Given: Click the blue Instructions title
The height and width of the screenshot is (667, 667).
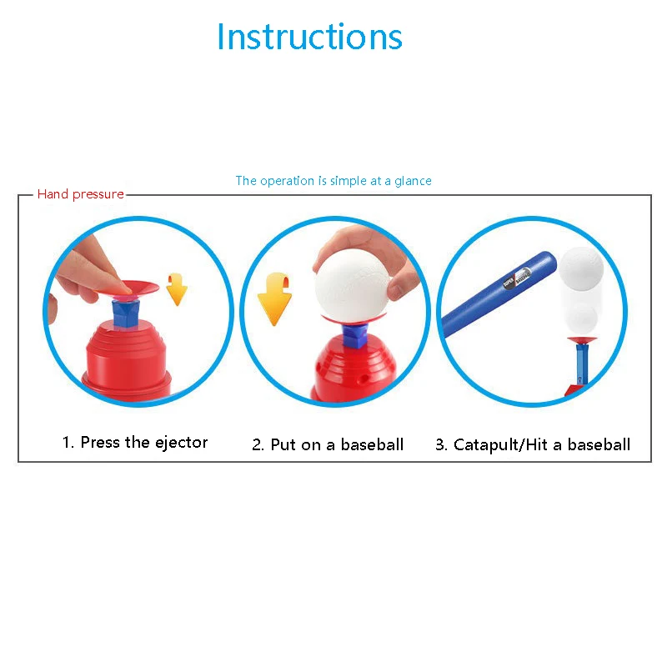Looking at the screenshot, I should [309, 37].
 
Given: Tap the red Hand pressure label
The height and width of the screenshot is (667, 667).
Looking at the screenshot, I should [80, 194].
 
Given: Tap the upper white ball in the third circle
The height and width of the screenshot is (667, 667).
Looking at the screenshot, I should [580, 267].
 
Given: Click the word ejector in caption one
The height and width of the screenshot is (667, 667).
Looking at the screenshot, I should [178, 442].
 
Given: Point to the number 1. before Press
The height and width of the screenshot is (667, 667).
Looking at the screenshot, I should [68, 442].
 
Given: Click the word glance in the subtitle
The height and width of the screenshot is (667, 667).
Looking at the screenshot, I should [413, 181].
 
